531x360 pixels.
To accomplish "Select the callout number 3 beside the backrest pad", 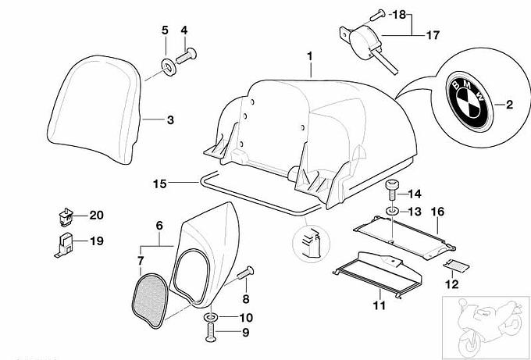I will [x=169, y=120].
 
